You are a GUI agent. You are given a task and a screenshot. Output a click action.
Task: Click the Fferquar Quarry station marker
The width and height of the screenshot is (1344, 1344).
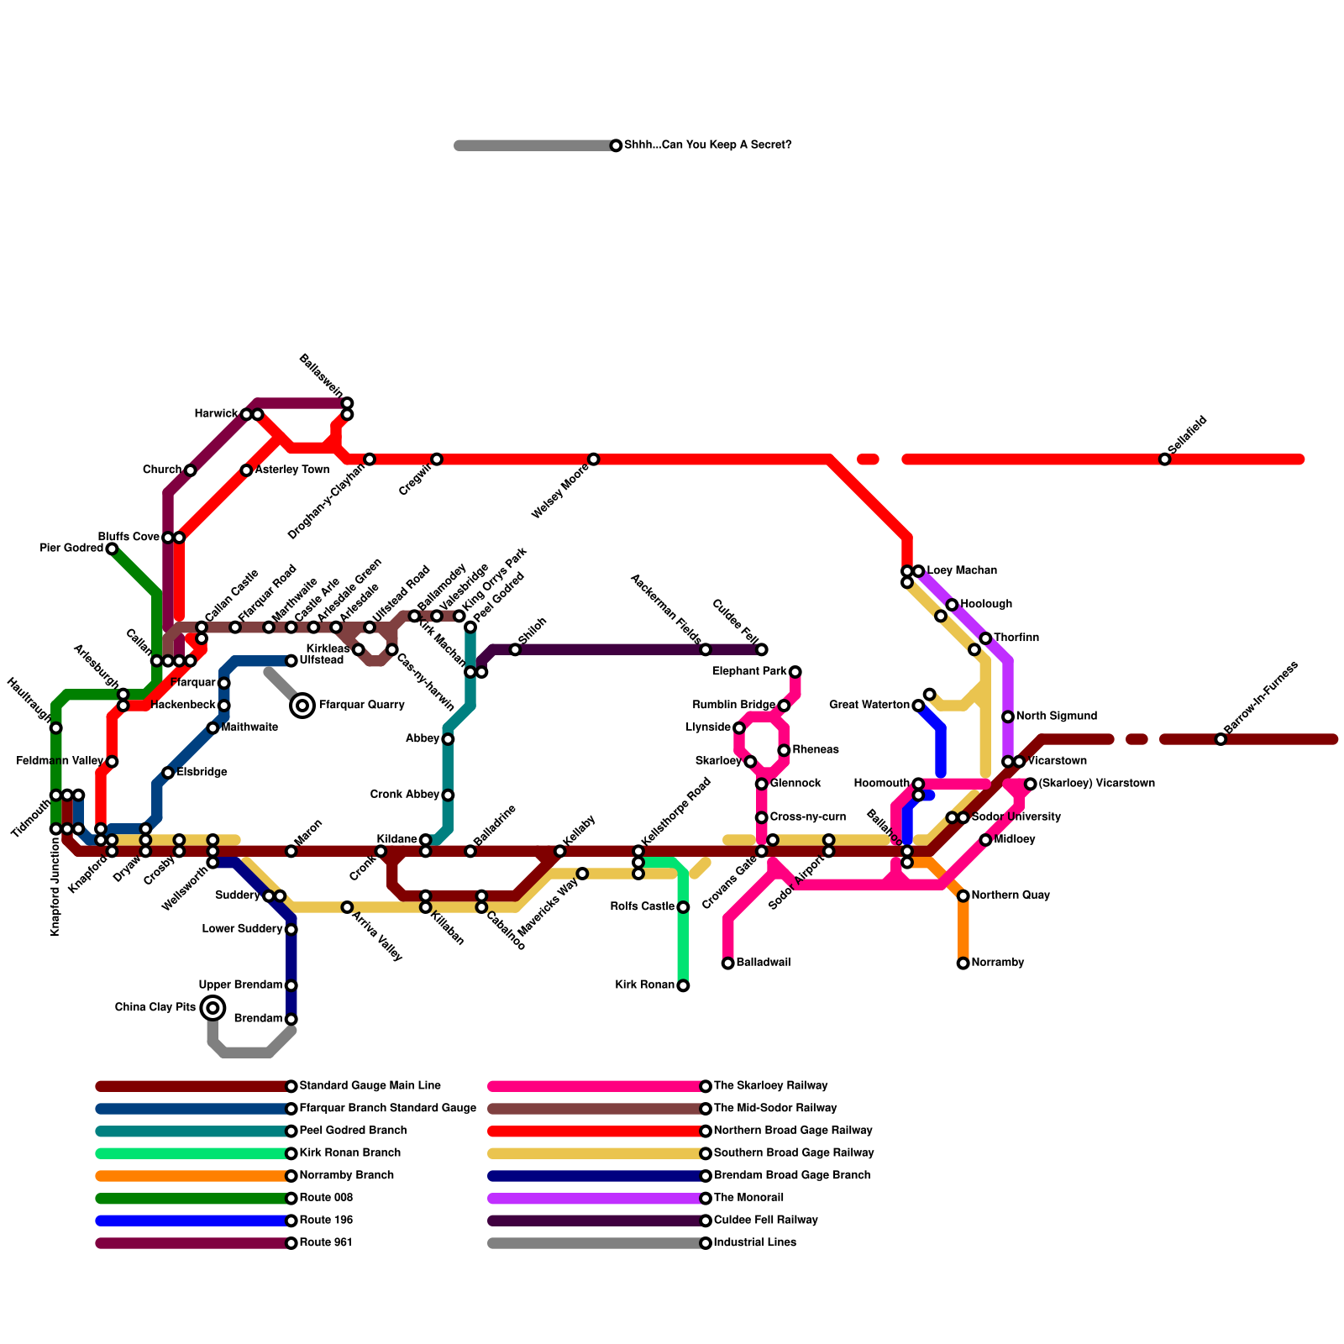coord(302,706)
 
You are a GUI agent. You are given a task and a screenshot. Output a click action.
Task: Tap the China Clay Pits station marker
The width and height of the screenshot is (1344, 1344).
coord(213,1008)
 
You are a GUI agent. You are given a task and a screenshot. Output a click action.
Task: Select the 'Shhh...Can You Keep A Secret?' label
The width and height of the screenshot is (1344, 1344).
coord(707,145)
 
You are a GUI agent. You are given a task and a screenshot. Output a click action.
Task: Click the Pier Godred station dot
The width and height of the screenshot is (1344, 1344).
coord(112,549)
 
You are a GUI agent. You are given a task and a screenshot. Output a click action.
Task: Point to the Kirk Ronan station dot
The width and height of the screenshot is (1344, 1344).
coord(683,985)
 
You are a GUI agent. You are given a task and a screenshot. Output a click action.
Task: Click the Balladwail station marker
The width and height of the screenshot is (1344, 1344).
coord(728,963)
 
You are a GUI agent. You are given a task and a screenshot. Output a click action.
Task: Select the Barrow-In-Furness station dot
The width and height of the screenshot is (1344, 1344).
coord(1221,739)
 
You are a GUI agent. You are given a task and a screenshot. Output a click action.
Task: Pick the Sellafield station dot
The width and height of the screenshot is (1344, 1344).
coord(1164,459)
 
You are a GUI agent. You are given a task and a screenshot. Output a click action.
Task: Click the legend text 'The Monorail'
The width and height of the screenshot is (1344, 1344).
coord(748,1198)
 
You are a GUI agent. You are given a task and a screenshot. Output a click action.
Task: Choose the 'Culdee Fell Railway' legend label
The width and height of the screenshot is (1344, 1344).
coord(765,1221)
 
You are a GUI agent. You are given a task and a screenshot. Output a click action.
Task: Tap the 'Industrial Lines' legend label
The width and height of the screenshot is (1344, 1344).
coord(754,1242)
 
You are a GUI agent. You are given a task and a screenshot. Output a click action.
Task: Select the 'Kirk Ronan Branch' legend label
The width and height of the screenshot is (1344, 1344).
coord(349,1153)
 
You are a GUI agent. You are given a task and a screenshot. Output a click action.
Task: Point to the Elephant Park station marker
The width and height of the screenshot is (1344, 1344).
coord(795,672)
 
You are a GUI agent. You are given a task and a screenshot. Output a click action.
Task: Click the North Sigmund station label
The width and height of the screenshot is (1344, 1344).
coord(1056,717)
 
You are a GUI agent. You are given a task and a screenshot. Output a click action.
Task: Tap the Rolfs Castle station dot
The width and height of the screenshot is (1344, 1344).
coord(683,907)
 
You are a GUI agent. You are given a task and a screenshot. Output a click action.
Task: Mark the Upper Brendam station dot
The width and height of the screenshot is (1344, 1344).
coord(291,985)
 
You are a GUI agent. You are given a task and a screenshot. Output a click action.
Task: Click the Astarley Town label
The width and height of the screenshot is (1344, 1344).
coord(291,470)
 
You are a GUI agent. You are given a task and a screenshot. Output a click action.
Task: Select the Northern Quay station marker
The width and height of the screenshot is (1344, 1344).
coord(963,896)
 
